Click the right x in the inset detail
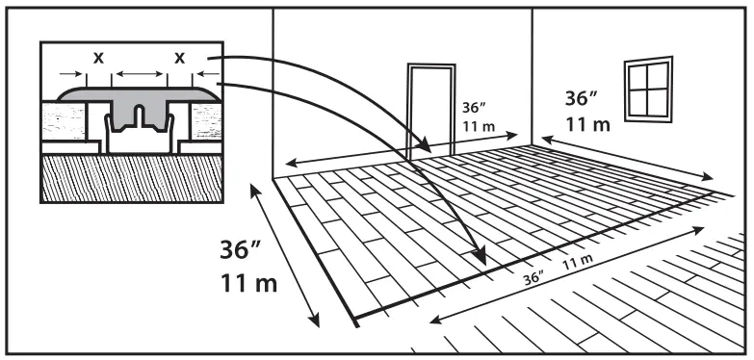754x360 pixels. [178, 58]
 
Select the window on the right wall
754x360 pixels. [649, 88]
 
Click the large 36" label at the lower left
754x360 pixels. [242, 249]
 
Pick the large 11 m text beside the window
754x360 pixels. [587, 124]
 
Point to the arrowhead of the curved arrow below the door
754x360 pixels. [423, 150]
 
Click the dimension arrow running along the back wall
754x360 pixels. [404, 146]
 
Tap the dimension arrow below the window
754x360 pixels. [627, 159]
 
